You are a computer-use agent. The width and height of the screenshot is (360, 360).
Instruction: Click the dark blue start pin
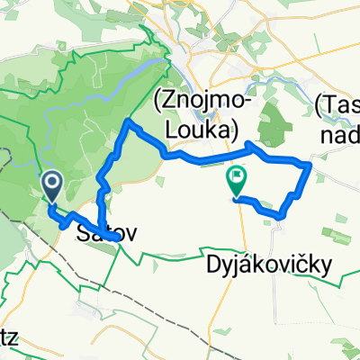(52, 185)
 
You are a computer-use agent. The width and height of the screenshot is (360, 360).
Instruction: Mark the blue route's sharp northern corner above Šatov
(130, 121)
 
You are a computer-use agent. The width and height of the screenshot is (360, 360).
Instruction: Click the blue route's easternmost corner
(310, 166)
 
